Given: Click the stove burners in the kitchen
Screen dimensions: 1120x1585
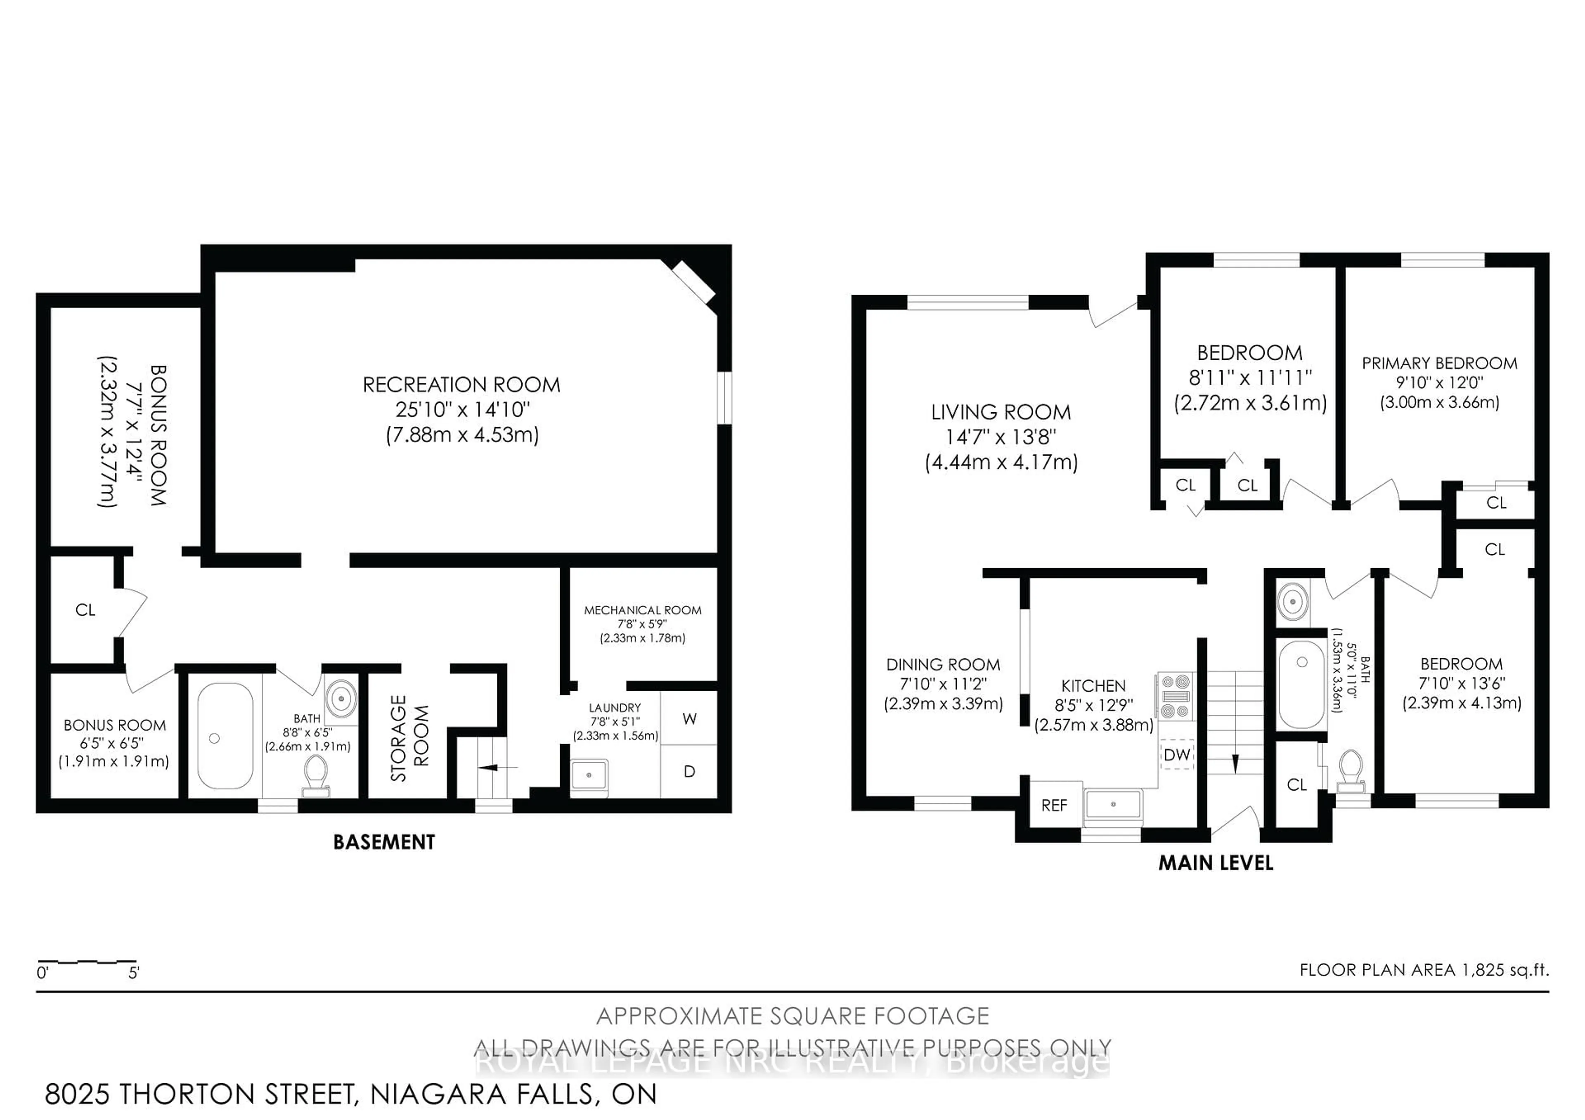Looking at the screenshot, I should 1175,696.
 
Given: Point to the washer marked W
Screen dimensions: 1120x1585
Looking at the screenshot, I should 689,718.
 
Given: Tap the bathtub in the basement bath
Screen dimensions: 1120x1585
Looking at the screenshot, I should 225,736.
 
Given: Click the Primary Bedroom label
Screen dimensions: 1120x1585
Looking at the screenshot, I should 1439,363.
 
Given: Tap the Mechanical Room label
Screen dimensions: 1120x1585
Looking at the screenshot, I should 642,610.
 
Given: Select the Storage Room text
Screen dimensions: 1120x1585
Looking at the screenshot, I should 409,737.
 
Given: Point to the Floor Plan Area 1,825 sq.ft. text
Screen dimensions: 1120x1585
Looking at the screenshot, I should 1424,969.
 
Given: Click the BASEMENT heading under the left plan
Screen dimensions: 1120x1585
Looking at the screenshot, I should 384,842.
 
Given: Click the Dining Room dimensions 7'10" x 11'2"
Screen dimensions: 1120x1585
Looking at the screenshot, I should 943,684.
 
